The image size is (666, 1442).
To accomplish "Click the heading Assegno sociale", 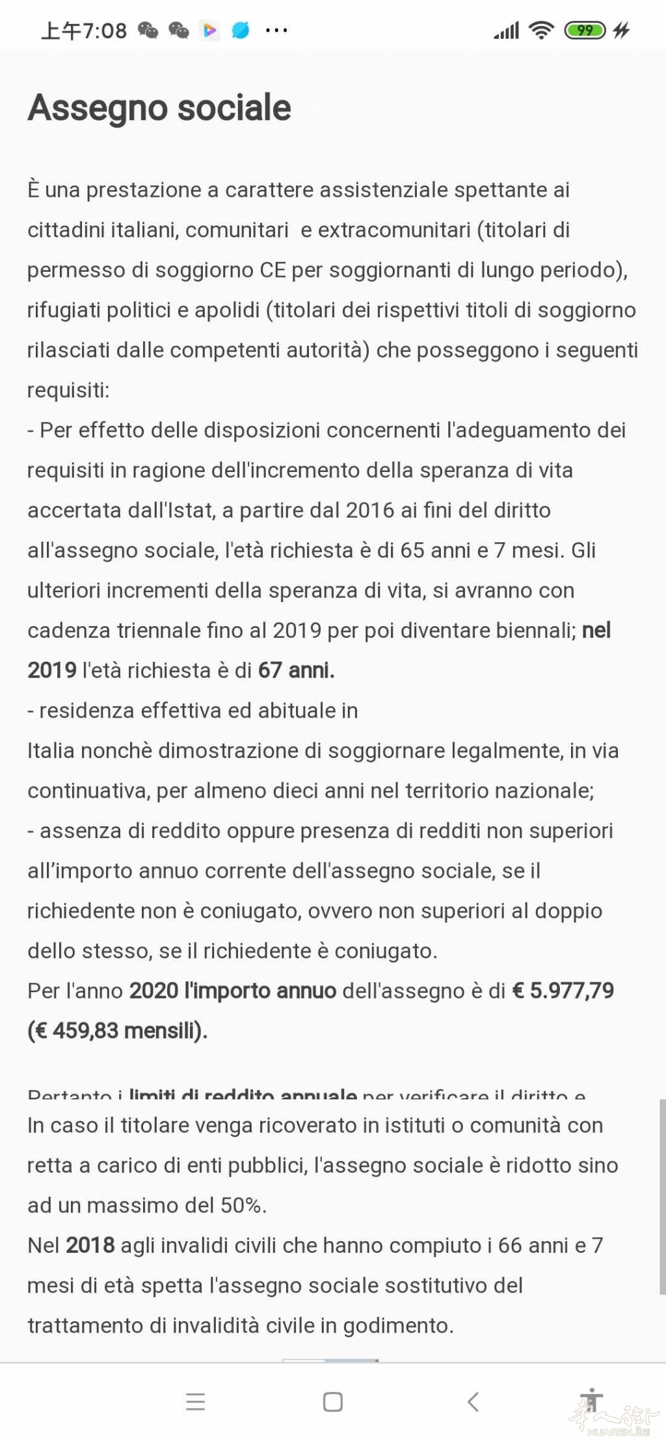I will click(x=159, y=108).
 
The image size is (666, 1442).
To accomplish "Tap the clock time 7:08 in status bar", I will click(x=104, y=31).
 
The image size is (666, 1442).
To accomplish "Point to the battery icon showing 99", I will click(x=585, y=30).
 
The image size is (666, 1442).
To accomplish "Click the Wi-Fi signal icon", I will click(x=540, y=30).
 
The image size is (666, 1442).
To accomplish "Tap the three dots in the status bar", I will click(x=276, y=31).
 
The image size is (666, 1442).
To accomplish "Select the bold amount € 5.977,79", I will click(x=563, y=990).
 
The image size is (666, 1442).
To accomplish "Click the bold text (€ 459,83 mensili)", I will click(x=118, y=1030).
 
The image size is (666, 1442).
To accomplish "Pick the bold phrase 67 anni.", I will click(x=296, y=670).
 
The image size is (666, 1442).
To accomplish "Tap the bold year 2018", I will click(x=90, y=1245).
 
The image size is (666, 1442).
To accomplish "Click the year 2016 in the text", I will click(x=370, y=510).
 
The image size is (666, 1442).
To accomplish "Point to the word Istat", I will click(x=192, y=510).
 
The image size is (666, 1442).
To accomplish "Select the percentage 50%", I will click(x=241, y=1205).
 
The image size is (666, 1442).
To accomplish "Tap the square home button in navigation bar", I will click(x=333, y=1402).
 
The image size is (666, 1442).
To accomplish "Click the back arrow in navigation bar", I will click(x=473, y=1402).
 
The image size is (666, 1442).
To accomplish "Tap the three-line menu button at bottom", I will click(x=195, y=1402).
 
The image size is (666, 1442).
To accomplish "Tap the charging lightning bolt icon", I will click(x=622, y=30).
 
